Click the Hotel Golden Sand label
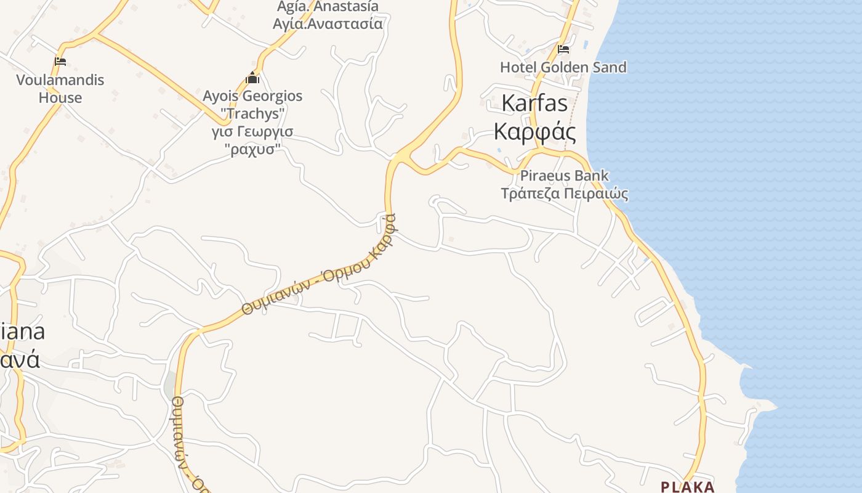[x=563, y=67]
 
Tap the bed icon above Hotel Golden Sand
[x=563, y=49]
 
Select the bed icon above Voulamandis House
[x=60, y=62]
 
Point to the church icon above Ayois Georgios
[x=252, y=78]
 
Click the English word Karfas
[x=534, y=103]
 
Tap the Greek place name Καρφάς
[x=535, y=131]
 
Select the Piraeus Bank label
[x=564, y=176]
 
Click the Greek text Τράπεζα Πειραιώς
[x=564, y=194]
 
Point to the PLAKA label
[x=688, y=487]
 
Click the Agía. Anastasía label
[x=328, y=7]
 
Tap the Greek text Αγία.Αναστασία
[x=328, y=24]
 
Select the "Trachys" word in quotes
[x=253, y=114]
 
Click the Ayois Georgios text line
[x=252, y=96]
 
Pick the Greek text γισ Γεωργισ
[x=252, y=132]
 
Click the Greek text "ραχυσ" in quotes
[x=252, y=149]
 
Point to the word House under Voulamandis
[x=60, y=97]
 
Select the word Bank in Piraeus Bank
[x=590, y=176]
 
